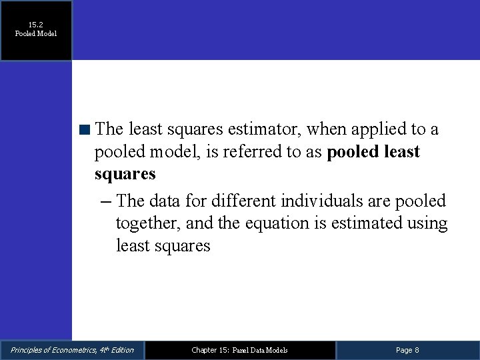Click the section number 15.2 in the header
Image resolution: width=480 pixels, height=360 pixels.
(x=36, y=23)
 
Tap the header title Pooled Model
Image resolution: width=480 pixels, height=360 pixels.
(x=36, y=33)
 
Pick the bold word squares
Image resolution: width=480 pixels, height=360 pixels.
(x=125, y=175)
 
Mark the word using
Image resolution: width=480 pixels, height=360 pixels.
(x=427, y=223)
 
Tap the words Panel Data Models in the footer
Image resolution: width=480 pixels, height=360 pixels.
(x=260, y=350)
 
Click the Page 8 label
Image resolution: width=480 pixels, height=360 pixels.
(x=407, y=350)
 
